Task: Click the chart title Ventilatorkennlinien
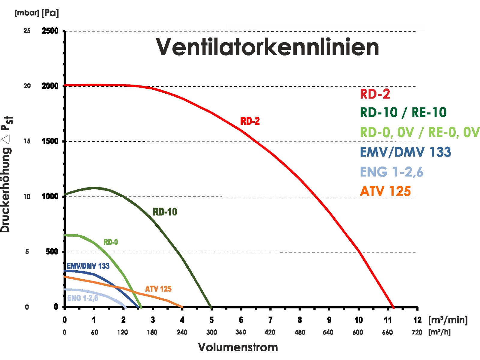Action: coord(267,47)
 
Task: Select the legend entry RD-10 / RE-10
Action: coord(403,112)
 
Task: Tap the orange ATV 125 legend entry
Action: coord(385,191)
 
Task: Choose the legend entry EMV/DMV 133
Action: coord(405,152)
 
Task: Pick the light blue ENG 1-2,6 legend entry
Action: coord(391,172)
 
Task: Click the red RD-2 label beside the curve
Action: coord(250,121)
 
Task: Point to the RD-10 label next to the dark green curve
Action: coord(165,212)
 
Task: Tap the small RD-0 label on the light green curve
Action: coord(111,242)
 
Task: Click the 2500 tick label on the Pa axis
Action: coord(50,31)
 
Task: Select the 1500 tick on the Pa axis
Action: coord(50,141)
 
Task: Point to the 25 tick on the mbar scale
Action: coord(27,31)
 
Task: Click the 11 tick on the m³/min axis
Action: coord(388,320)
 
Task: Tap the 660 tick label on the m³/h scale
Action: coord(388,332)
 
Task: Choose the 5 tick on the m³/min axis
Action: coord(211,320)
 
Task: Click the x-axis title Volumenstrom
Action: coord(238,347)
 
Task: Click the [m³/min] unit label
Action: coord(448,320)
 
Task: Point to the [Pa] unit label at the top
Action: coord(50,13)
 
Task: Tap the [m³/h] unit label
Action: coord(439,332)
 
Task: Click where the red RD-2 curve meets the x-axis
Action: coord(393,307)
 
